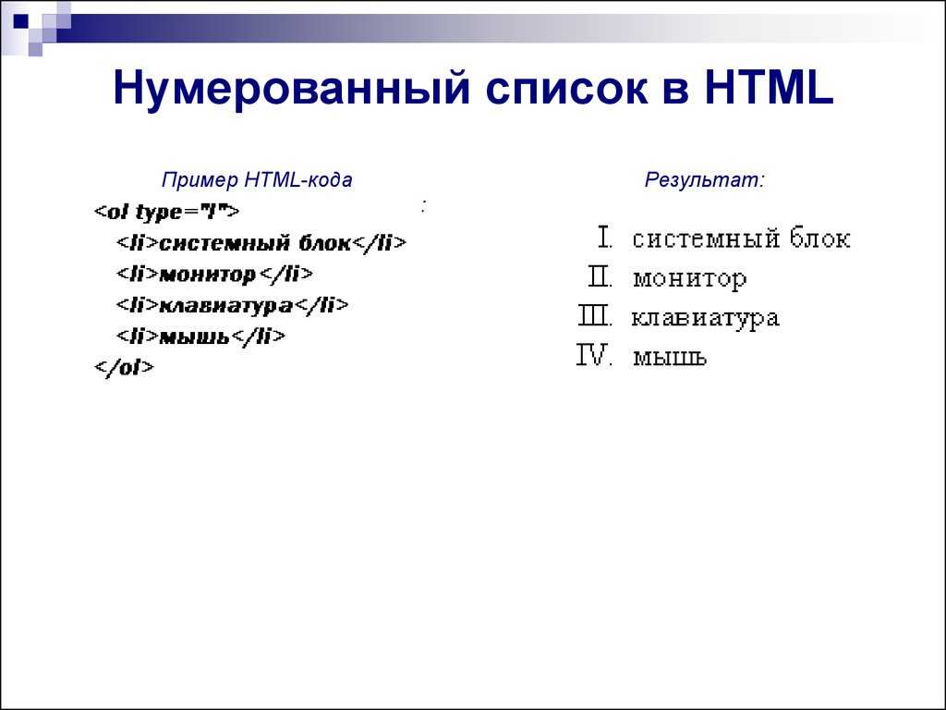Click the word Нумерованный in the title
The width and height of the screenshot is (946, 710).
291,89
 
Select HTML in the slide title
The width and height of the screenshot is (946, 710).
770,88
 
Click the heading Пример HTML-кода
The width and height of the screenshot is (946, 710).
257,180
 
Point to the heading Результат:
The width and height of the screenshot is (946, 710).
704,180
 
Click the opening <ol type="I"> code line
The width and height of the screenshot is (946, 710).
167,212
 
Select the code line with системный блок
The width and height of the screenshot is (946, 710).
261,243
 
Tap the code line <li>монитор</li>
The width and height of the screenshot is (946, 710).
214,274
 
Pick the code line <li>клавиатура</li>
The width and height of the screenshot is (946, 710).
232,305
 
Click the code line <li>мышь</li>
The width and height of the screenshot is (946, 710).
200,337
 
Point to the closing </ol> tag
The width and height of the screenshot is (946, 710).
125,367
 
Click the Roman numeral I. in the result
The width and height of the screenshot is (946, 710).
605,238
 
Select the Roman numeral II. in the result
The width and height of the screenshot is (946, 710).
600,277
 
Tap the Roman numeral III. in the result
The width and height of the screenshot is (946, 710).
596,316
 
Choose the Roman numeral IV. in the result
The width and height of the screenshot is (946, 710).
595,356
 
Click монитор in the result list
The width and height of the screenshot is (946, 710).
689,279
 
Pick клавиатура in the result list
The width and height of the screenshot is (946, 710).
705,319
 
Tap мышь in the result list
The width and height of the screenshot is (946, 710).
670,358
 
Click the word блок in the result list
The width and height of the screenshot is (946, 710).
820,239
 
